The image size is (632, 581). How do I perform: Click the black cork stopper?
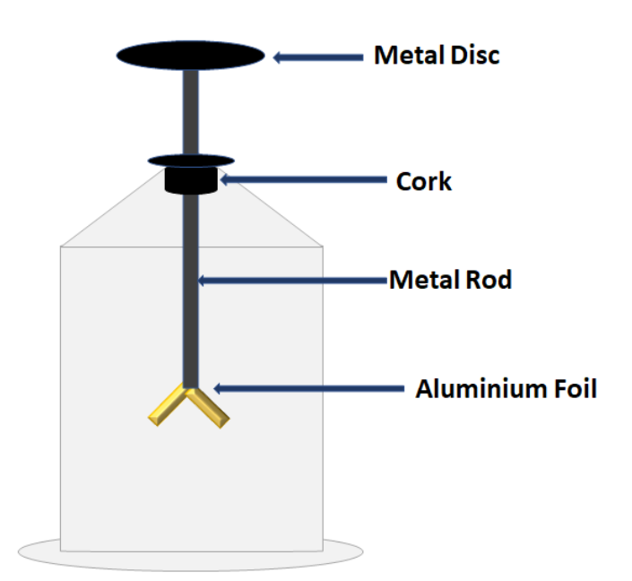[191, 180]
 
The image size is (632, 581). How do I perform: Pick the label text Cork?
[424, 182]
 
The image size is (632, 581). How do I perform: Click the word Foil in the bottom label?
[572, 389]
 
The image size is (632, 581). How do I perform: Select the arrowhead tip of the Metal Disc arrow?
[276, 57]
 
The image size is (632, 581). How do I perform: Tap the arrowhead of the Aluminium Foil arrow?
[216, 389]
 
